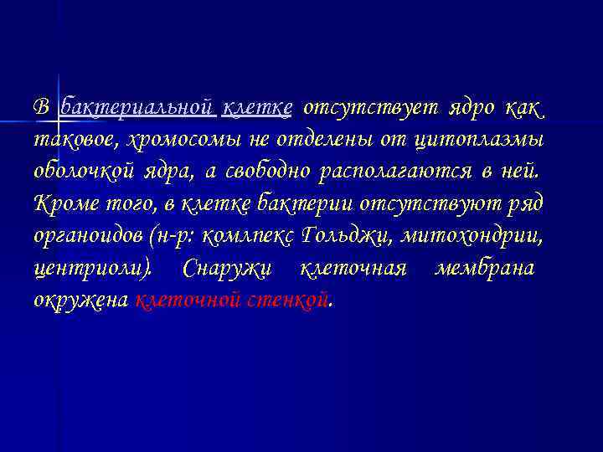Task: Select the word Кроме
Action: pyautogui.click(x=59, y=203)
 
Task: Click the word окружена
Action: pyautogui.click(x=80, y=300)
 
